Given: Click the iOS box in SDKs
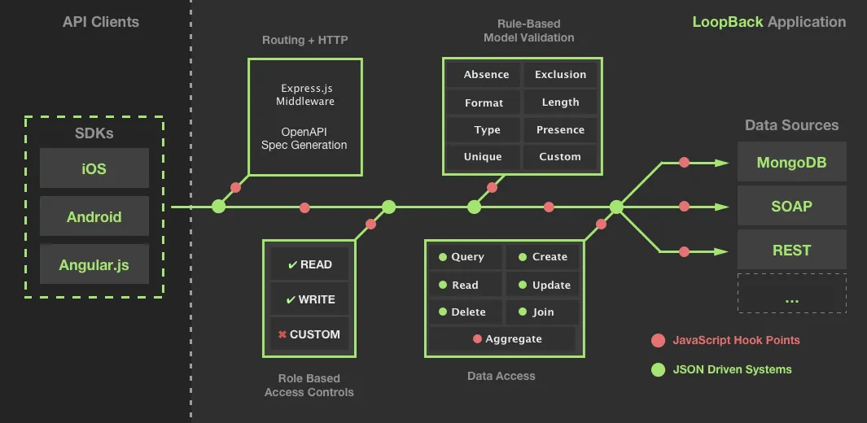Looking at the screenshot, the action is point(94,168).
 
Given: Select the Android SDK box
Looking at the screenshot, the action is point(94,216).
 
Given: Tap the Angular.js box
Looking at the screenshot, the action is point(94,264).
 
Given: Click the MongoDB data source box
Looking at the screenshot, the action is point(792,162).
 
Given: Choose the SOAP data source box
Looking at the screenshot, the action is point(792,206).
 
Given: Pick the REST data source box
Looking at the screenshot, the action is point(792,250).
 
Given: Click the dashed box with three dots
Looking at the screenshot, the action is point(792,293).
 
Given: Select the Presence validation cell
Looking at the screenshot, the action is point(560,130).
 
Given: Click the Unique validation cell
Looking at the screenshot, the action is point(484,157).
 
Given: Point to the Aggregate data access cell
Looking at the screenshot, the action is point(502,339).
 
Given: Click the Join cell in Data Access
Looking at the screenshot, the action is point(542,312).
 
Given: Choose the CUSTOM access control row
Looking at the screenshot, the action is point(309,334).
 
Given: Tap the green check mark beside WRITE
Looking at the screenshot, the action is point(291,300).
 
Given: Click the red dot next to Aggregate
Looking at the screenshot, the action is point(477,339).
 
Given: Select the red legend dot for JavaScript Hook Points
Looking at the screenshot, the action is point(658,341).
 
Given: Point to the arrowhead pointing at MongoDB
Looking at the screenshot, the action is point(722,163).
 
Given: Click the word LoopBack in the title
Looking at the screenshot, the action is point(728,22).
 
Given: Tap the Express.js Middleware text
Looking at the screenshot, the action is point(306,94).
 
